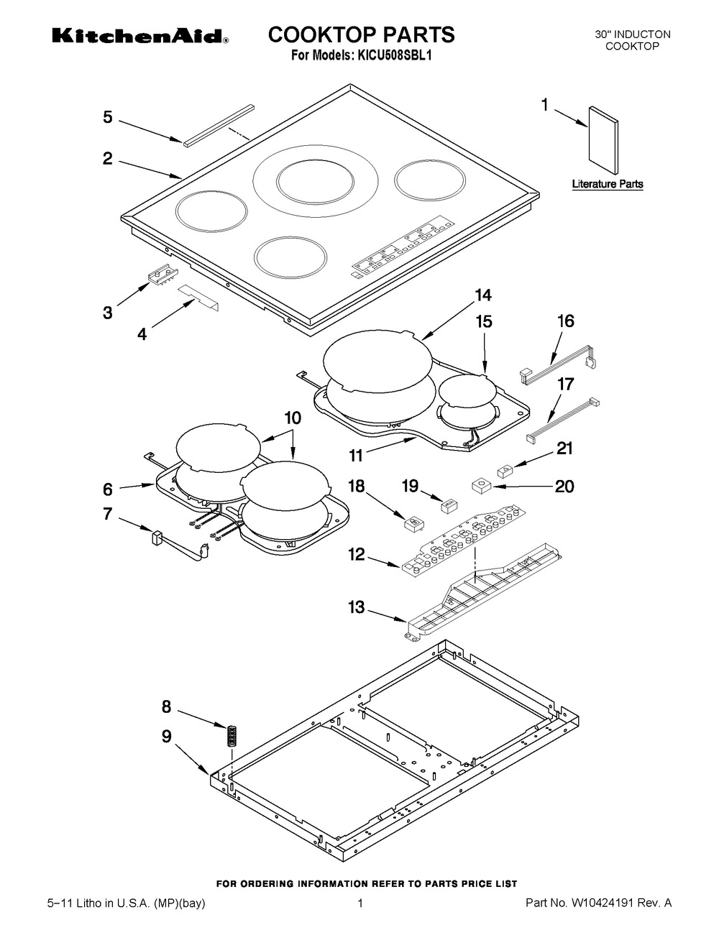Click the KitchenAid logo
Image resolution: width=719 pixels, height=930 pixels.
tap(140, 37)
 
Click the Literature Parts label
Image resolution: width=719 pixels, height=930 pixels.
tap(608, 184)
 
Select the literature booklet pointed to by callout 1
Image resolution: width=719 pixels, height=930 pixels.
tap(603, 140)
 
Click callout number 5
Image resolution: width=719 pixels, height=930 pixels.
tap(108, 117)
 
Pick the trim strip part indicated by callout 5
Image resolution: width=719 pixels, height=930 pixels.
tap(219, 125)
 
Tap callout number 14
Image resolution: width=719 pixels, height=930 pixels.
tap(483, 295)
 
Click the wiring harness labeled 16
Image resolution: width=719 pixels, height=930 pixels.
tap(558, 364)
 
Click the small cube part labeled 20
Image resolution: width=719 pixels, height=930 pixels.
tap(480, 485)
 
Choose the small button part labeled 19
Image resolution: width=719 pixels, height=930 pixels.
tap(449, 505)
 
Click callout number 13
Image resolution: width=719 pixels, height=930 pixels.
tap(356, 607)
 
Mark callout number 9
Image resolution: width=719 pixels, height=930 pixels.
tap(167, 736)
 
